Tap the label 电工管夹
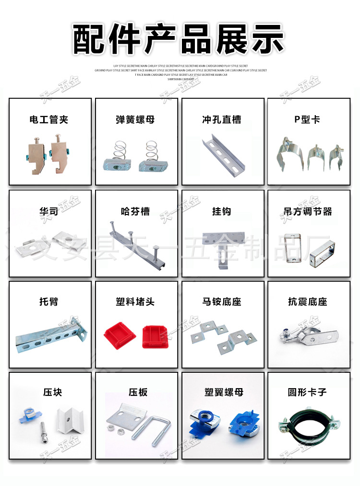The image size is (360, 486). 49,119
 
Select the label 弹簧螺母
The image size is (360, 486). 135,119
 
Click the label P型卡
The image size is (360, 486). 307,119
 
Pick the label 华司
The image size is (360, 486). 49,211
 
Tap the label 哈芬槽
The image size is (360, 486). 135,211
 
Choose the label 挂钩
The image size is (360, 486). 222,211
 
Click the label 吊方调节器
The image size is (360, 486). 308,211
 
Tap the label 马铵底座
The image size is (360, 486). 222,302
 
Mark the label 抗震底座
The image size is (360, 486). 308,302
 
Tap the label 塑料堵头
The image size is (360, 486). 135,302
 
